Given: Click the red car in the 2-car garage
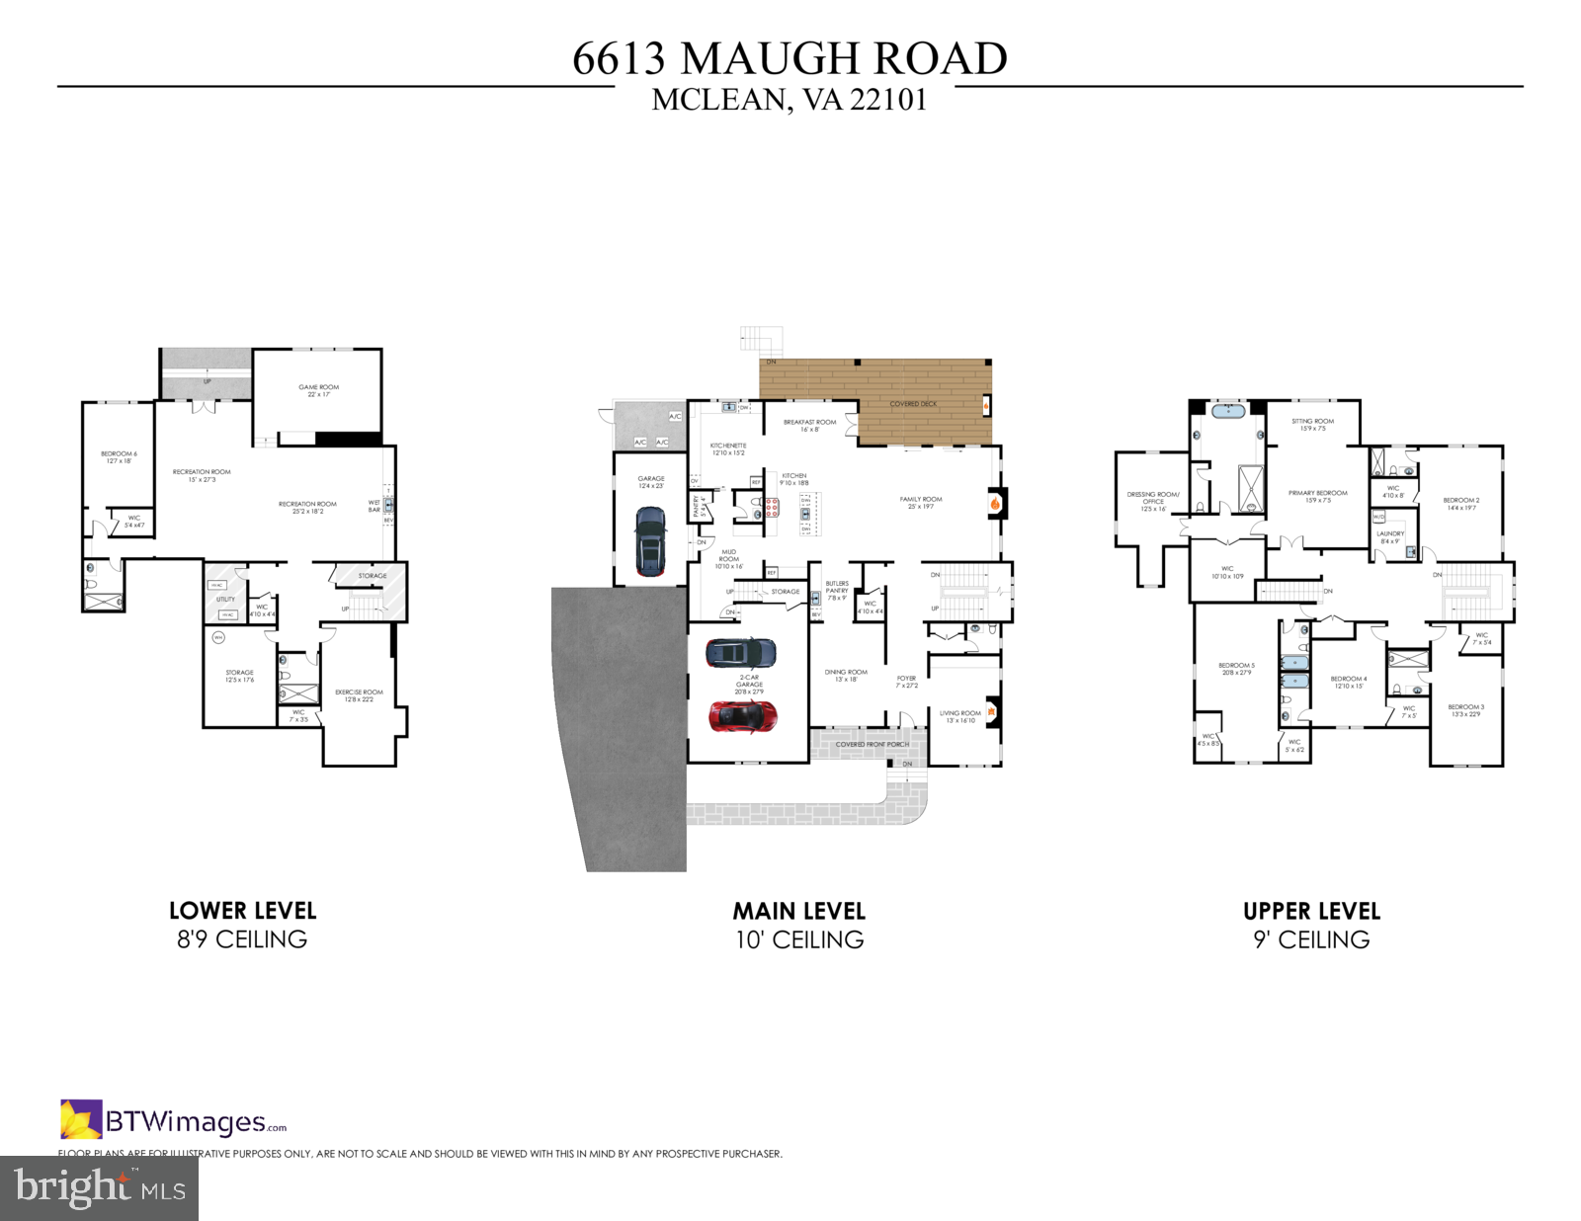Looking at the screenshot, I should point(742,716).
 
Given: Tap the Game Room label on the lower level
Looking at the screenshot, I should point(318,390).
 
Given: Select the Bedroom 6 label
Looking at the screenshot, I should point(119,456).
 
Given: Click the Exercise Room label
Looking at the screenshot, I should point(359,694).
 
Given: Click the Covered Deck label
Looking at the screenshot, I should point(913,404).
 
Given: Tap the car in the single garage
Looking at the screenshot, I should point(650,540).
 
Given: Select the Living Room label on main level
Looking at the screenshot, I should point(959,716).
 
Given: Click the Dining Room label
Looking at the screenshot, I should point(846,675).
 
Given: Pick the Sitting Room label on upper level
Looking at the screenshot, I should point(1312,424).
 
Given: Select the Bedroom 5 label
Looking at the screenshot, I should point(1236,669).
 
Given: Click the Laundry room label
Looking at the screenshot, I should point(1389,536).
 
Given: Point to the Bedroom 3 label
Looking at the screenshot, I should point(1465,709).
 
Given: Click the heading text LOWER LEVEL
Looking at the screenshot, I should point(242,911).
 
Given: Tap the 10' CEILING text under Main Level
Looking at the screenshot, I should point(799,939).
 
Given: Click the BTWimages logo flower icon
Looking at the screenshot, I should point(80,1119).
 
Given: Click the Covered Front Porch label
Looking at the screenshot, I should point(872,744).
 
